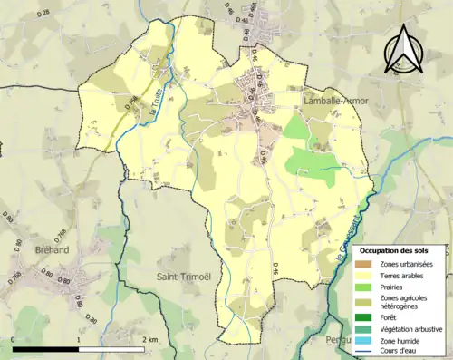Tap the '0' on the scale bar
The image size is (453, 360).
pos(14,340)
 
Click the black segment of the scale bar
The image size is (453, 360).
pos(44,349)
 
